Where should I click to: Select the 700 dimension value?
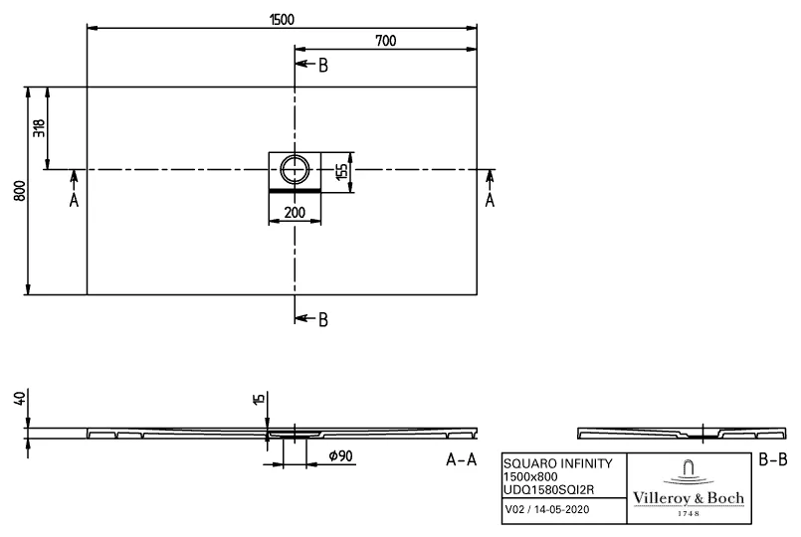pyautogui.click(x=387, y=40)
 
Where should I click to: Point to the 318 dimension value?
pyautogui.click(x=39, y=128)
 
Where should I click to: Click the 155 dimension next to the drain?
pyautogui.click(x=340, y=170)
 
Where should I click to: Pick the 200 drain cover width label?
pyautogui.click(x=295, y=213)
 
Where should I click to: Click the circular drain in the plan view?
pyautogui.click(x=296, y=168)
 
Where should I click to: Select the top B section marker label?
pyautogui.click(x=322, y=66)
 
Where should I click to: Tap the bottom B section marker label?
pyautogui.click(x=322, y=319)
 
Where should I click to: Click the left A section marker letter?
pyautogui.click(x=74, y=201)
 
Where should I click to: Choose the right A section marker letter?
pyautogui.click(x=489, y=201)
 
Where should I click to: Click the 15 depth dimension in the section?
pyautogui.click(x=259, y=400)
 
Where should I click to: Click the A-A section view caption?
pyautogui.click(x=461, y=459)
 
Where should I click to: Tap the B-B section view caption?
pyautogui.click(x=771, y=459)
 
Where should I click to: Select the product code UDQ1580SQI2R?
pyautogui.click(x=546, y=488)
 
